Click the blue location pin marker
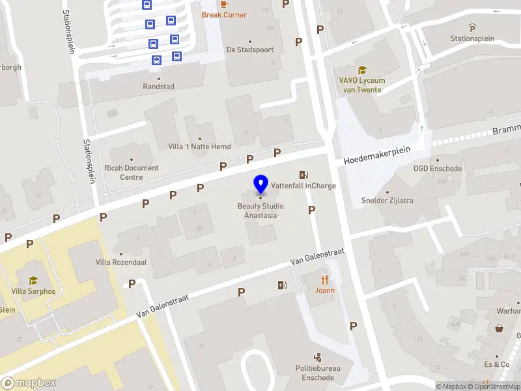260,184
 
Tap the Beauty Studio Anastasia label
260,210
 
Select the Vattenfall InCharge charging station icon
303,175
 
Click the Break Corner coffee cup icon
225,3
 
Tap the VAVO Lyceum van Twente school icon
361,70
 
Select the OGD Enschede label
438,169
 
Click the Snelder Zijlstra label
387,200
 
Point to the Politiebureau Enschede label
317,373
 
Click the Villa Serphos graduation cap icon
33,280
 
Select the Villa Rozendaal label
121,262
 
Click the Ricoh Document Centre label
132,172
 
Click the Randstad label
159,86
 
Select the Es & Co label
496,364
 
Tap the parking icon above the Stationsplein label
472,27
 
